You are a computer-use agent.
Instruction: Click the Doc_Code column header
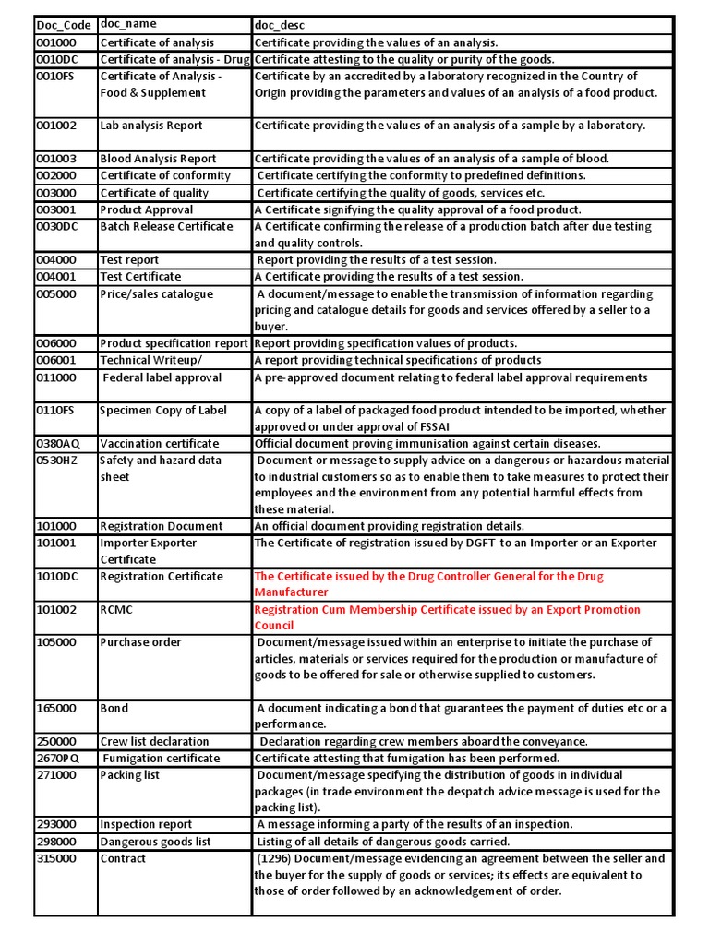coord(64,25)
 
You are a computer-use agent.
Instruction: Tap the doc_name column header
coord(129,24)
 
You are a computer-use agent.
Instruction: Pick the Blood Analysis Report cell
coord(158,159)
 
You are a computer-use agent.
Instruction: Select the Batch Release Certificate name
coord(166,226)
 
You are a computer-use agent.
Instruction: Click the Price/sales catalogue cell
coord(156,294)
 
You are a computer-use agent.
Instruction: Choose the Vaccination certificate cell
coord(159,443)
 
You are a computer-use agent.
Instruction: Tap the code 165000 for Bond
coord(56,708)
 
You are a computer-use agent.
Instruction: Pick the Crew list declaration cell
coord(154,741)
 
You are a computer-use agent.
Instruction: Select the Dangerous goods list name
coord(155,842)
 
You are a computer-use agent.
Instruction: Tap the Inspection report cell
coord(146,824)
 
